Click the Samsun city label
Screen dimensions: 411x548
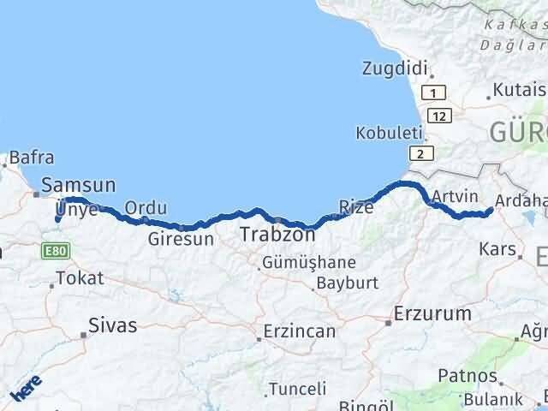(79, 184)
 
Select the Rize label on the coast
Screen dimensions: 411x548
(356, 205)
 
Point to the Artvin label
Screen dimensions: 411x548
(454, 197)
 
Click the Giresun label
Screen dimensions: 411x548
(180, 239)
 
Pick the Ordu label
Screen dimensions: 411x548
(146, 207)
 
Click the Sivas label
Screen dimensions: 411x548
(113, 325)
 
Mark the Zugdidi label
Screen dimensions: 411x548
(394, 68)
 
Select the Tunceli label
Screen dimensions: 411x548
(296, 389)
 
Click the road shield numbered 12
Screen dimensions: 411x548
(438, 114)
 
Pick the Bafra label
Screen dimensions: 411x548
(33, 158)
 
